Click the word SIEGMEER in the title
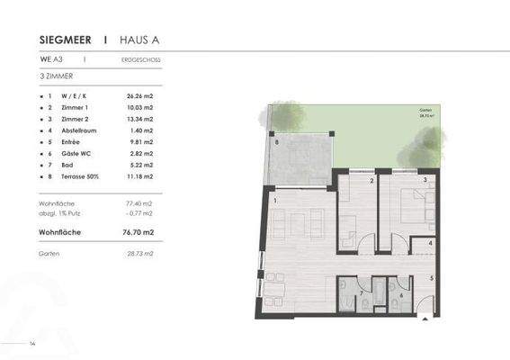pyautogui.click(x=67, y=40)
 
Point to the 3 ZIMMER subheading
pyautogui.click(x=58, y=77)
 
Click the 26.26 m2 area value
pyautogui.click(x=139, y=95)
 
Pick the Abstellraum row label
pyautogui.click(x=78, y=130)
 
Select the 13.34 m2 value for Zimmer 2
pyautogui.click(x=139, y=119)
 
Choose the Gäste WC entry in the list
pyautogui.click(x=75, y=154)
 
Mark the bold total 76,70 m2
pyautogui.click(x=139, y=232)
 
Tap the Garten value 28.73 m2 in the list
pyautogui.click(x=139, y=255)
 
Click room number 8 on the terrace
pyautogui.click(x=277, y=143)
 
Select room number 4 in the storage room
pyautogui.click(x=431, y=243)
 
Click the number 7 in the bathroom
pyautogui.click(x=362, y=293)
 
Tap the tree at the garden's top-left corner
pyautogui.click(x=287, y=116)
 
